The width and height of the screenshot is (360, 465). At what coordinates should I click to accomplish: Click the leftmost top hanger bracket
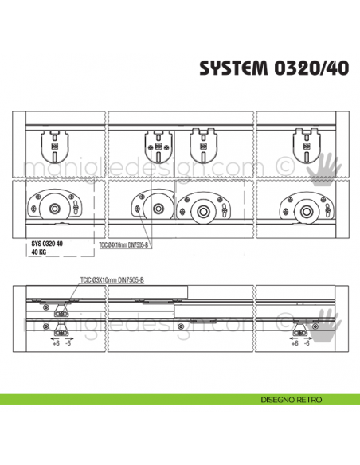point(53,143)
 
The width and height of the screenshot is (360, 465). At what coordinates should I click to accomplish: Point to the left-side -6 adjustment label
point(68,343)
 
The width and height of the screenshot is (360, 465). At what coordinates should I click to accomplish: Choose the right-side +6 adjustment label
point(295,343)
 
